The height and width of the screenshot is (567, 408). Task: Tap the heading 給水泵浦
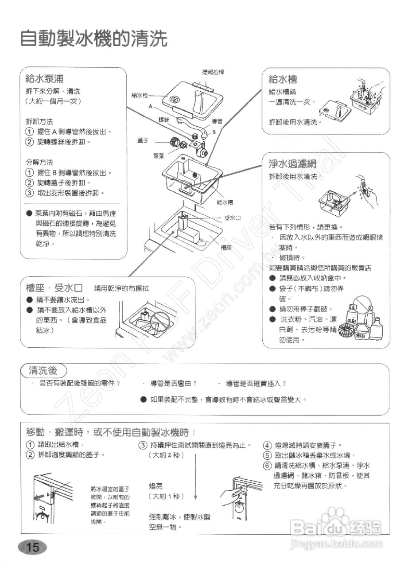coord(44,79)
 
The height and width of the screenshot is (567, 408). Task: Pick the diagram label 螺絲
coord(164,120)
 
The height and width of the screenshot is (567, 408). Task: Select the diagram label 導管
coord(217,121)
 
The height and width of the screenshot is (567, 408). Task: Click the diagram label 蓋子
coord(142,140)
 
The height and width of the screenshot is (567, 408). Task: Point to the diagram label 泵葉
coord(159,155)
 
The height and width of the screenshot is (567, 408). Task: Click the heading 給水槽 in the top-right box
coord(283,79)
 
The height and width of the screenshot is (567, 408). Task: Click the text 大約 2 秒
coord(167,455)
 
